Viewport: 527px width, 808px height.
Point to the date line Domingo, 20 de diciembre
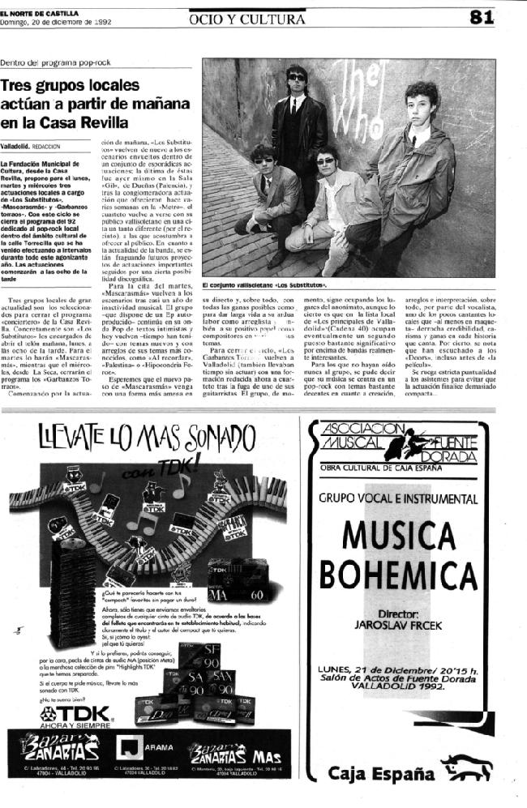55,22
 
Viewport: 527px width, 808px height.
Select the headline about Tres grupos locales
95,103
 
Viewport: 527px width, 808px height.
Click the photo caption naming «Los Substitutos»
264,285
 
